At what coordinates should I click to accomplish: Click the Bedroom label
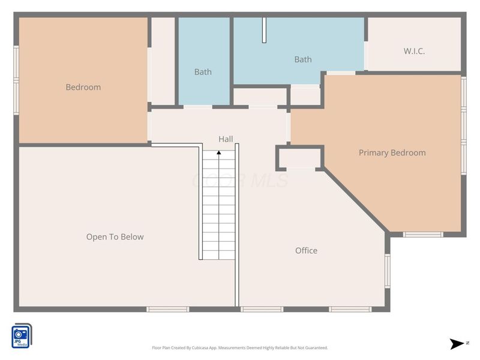[x=83, y=87]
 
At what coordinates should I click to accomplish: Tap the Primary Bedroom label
[x=392, y=152]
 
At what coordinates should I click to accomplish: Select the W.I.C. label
[x=414, y=51]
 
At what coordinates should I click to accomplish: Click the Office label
[x=306, y=250]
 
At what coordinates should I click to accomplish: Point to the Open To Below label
[x=115, y=236]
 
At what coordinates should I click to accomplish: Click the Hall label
[x=226, y=139]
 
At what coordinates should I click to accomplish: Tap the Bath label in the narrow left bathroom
[x=203, y=72]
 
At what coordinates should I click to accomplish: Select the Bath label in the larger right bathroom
[x=303, y=59]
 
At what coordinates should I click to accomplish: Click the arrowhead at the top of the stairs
[x=219, y=153]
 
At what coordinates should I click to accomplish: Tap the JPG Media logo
[x=21, y=335]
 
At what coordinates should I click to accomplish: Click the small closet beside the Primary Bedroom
[x=299, y=158]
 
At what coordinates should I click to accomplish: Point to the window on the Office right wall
[x=388, y=271]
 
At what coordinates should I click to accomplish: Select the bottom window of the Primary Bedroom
[x=422, y=234]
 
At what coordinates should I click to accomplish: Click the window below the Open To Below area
[x=167, y=309]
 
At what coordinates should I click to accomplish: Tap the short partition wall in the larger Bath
[x=263, y=30]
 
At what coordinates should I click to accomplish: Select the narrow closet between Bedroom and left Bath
[x=162, y=61]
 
